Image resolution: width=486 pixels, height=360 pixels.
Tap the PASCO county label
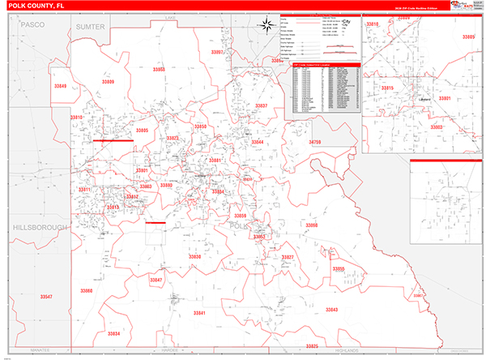click(32, 26)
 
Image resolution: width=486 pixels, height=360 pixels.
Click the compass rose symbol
click(267, 24)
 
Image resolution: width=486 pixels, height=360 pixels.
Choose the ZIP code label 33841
click(199, 313)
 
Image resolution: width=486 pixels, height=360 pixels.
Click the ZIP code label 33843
click(330, 311)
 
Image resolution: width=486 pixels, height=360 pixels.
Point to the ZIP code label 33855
click(338, 268)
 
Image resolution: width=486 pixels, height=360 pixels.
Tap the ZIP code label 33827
click(287, 256)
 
